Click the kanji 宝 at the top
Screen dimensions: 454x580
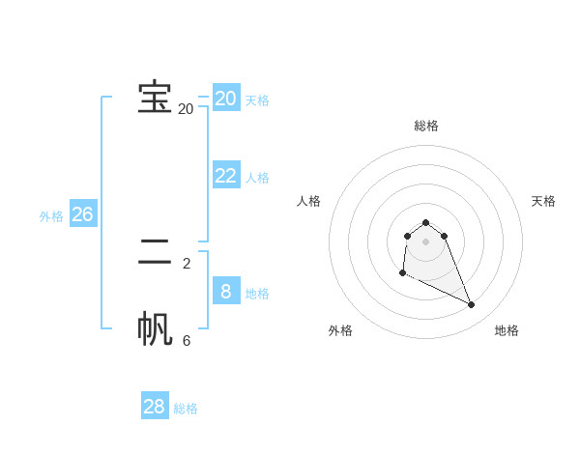point(155,97)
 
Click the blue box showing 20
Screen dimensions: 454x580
point(226,98)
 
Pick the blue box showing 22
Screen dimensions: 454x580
point(226,175)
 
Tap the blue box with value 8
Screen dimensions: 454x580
point(226,291)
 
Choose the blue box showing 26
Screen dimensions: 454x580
point(83,213)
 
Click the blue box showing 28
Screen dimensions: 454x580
point(155,407)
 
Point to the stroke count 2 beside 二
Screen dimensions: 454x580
point(187,263)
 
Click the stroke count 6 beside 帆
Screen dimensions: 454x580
point(187,340)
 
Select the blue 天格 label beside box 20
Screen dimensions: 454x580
point(257,100)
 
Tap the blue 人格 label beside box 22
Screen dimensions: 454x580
point(257,178)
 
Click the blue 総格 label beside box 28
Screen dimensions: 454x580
point(186,409)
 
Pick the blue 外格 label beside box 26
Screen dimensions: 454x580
point(51,216)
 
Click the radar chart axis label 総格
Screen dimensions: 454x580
point(426,126)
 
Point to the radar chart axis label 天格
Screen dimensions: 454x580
point(544,201)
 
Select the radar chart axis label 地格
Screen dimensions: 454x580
point(507,330)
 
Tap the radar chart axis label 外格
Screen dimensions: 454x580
point(340,330)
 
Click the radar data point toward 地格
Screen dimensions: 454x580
point(472,305)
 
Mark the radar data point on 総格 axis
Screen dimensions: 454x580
point(426,222)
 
